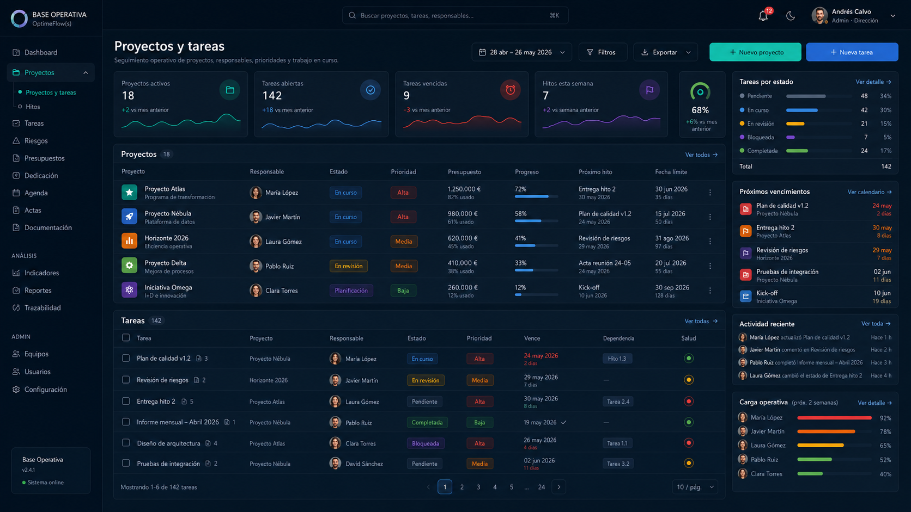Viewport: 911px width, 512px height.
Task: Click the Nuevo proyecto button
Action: pos(755,52)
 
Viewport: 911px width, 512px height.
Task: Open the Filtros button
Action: pos(602,52)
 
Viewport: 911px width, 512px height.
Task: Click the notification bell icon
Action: pos(763,16)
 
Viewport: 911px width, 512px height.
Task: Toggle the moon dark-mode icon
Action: pos(790,16)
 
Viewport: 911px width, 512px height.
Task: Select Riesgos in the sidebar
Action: pos(36,140)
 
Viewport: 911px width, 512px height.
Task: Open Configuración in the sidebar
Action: pos(45,389)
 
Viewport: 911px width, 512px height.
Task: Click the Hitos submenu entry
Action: pos(33,107)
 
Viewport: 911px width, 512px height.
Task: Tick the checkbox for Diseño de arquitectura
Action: pos(126,442)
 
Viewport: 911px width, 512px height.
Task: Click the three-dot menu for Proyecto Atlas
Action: pos(710,193)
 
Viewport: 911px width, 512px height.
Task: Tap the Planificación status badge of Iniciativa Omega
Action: pos(351,291)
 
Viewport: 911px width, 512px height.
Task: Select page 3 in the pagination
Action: pos(478,487)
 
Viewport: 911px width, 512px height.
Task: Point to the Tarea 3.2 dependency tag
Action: pos(618,464)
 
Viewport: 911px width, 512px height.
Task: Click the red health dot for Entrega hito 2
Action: pos(689,401)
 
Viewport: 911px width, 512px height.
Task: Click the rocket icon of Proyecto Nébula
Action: pos(129,217)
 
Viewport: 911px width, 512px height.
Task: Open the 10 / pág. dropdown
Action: pos(695,487)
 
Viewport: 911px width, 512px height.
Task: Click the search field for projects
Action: pos(455,15)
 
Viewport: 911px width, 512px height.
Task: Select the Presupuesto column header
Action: pos(464,172)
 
